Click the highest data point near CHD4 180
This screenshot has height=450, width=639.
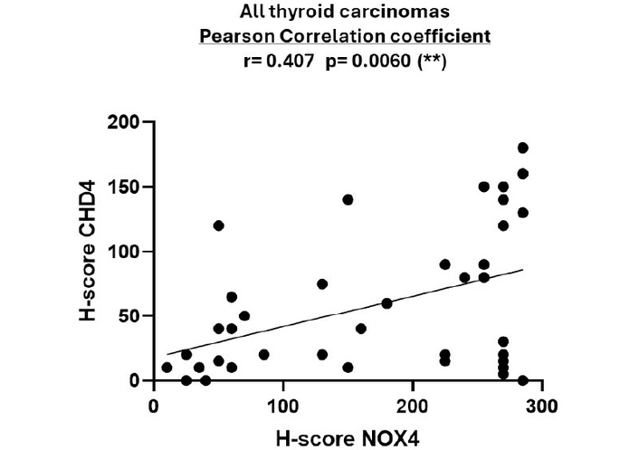pyautogui.click(x=523, y=148)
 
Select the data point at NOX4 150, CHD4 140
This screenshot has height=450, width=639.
pyautogui.click(x=348, y=199)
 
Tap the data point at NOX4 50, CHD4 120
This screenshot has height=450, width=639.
pyautogui.click(x=218, y=225)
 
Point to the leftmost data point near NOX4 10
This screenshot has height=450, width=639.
pyautogui.click(x=167, y=368)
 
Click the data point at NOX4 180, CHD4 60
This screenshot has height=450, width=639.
pyautogui.click(x=386, y=303)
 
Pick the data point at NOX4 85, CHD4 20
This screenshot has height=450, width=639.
pyautogui.click(x=264, y=355)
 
